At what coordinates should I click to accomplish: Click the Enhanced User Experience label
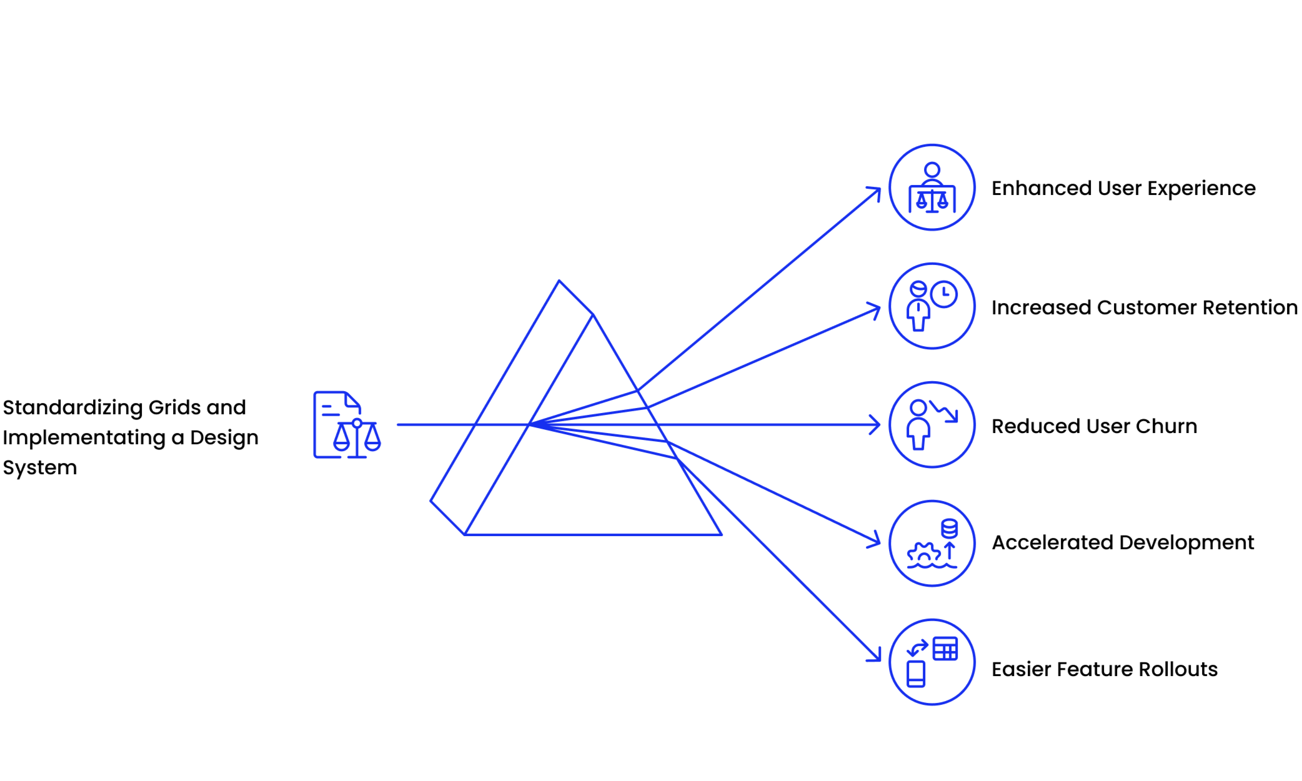(x=1123, y=188)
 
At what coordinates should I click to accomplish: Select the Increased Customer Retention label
(x=1144, y=307)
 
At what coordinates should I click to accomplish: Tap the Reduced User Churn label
(x=1094, y=426)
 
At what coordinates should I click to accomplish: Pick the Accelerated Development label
(x=1123, y=542)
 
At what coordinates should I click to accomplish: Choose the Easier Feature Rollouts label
(x=1104, y=669)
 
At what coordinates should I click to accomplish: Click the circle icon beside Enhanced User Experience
(x=932, y=187)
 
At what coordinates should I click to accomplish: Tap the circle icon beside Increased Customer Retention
(x=932, y=306)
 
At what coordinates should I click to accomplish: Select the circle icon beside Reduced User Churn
(x=932, y=425)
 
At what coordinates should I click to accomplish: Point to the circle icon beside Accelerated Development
(x=932, y=544)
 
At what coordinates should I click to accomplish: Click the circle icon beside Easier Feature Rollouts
(x=932, y=662)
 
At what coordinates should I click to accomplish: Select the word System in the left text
(x=39, y=467)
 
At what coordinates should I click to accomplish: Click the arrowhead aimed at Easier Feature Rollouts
(x=876, y=656)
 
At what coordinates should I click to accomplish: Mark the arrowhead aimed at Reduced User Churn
(x=876, y=425)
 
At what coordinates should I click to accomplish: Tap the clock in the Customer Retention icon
(x=944, y=294)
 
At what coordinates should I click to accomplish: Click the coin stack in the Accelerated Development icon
(x=949, y=529)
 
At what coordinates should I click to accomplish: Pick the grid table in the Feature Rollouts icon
(x=945, y=649)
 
